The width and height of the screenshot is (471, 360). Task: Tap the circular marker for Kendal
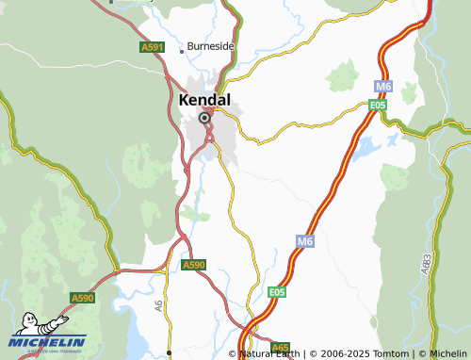coord(203,118)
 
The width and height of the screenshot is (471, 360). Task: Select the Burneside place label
coord(210,45)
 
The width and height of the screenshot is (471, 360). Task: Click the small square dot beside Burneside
coord(182,51)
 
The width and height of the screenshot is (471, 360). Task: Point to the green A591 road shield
coord(152,46)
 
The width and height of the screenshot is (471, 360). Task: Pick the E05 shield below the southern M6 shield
coord(276,293)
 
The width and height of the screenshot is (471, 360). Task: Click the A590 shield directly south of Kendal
coord(193,266)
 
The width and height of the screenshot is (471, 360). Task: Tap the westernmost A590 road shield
coord(83,298)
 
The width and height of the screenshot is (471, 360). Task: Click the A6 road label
coord(158,304)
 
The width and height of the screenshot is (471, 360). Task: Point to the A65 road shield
coord(281,348)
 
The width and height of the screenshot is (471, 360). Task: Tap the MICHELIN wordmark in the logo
coord(50,342)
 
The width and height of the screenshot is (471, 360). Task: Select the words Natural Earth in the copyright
coord(271,353)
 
